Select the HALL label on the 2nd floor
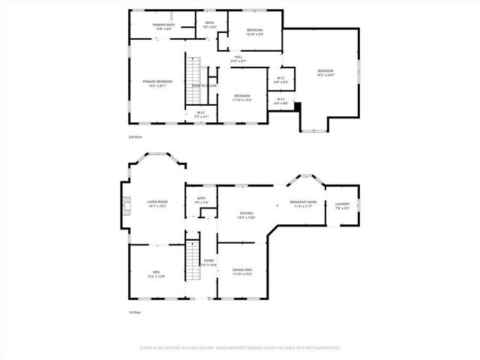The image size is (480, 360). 238,58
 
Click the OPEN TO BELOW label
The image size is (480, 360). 204,85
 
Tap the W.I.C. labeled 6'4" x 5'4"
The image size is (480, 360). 280,79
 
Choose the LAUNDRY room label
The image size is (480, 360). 342,205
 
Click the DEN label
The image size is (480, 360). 157,274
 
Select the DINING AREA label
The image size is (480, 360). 241,271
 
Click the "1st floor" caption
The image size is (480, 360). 134,311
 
